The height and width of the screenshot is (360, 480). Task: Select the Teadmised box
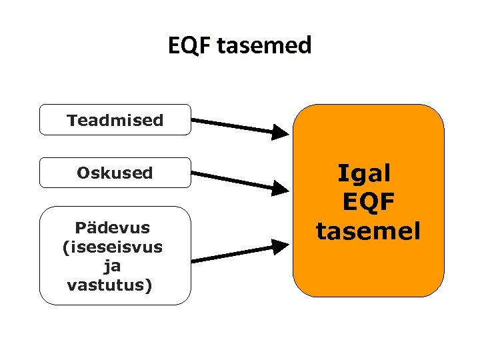coord(115,120)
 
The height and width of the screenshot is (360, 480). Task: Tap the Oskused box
coord(115,173)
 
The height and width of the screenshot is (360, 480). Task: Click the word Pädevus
coord(113,228)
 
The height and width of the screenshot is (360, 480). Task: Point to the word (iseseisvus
coord(112,247)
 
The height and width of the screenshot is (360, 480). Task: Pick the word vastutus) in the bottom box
coord(110,285)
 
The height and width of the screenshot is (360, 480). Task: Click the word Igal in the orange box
coord(364,173)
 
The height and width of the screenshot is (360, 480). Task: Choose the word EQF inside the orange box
coord(369,202)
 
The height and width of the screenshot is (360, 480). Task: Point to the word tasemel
coord(369,231)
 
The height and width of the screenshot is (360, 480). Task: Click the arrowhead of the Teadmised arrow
coord(281,132)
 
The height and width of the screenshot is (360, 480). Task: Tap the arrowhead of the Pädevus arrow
coord(281,247)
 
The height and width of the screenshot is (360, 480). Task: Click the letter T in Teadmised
coord(71,120)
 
